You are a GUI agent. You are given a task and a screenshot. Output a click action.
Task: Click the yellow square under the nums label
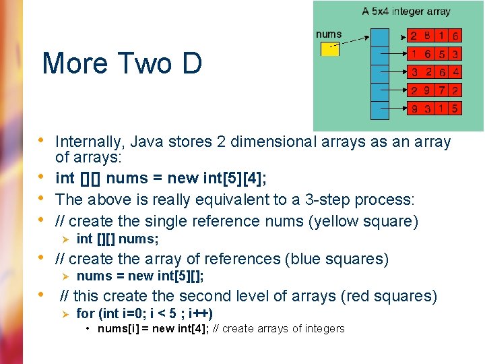328,49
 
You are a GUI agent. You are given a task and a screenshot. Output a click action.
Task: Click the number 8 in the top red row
427,36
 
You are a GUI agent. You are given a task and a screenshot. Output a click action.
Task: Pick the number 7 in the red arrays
442,90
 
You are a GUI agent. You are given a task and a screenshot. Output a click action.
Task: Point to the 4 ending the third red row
456,72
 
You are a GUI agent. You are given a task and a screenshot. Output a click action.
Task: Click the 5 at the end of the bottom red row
456,108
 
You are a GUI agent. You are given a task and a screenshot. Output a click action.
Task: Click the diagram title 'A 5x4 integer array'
406,11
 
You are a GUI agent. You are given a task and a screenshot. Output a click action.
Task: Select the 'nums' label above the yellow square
329,34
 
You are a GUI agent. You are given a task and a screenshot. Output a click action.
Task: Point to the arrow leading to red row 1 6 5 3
397,54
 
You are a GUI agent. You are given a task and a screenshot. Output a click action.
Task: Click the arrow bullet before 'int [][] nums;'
65,239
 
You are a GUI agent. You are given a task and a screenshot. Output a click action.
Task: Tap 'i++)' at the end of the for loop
201,313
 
